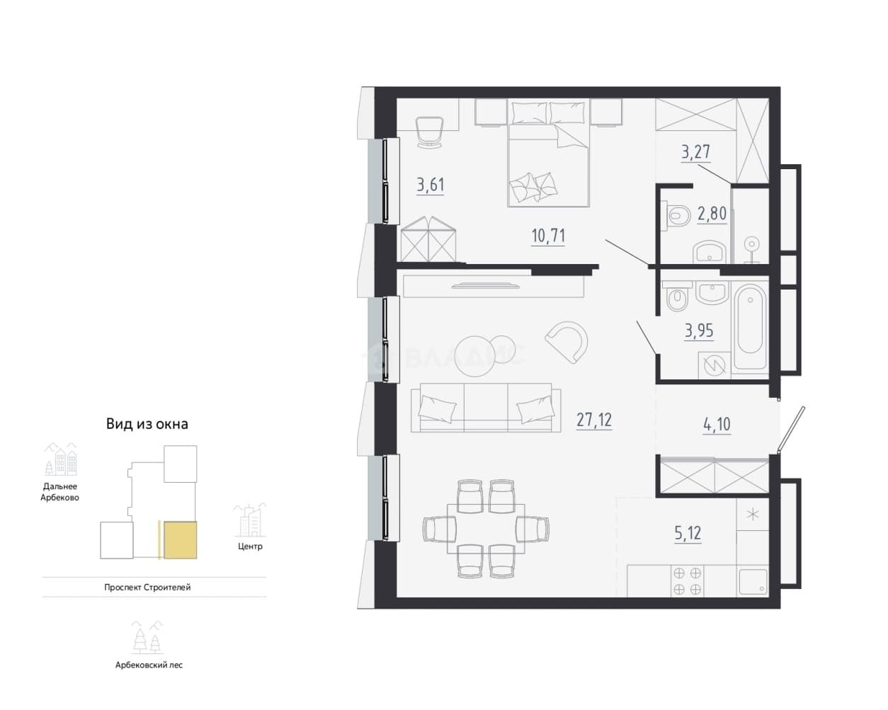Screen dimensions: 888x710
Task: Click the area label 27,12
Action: point(594,420)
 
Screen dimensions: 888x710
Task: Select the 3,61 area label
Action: point(431,185)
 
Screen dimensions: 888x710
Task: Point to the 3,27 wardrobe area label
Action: point(695,151)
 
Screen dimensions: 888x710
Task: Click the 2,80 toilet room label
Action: point(712,214)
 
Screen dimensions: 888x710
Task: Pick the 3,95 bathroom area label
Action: point(699,331)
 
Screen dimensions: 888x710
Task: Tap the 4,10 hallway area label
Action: point(717,424)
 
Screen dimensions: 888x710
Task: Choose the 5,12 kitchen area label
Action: point(688,534)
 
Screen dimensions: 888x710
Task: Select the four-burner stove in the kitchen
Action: point(688,581)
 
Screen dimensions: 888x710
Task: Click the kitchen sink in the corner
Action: point(753,582)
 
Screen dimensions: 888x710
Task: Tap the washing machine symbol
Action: point(715,365)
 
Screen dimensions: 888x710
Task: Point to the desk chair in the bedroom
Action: point(429,132)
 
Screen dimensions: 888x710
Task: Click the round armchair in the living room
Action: point(567,342)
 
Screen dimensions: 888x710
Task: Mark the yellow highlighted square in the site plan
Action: point(181,540)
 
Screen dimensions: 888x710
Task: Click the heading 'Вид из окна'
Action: point(147,424)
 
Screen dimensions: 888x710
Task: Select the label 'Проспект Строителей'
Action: point(147,587)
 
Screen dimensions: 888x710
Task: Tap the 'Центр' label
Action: point(250,546)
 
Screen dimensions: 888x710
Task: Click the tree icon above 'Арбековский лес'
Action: point(148,638)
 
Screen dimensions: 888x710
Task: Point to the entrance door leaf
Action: point(791,429)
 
